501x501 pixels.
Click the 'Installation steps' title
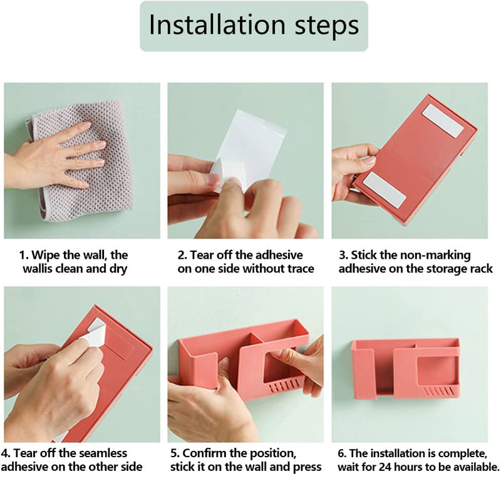(254, 26)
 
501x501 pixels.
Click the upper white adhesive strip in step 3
(443, 120)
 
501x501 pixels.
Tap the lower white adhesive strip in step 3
(385, 189)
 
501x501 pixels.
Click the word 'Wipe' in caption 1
(46, 255)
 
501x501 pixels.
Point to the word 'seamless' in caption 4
(103, 453)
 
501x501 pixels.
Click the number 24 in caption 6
(385, 467)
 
